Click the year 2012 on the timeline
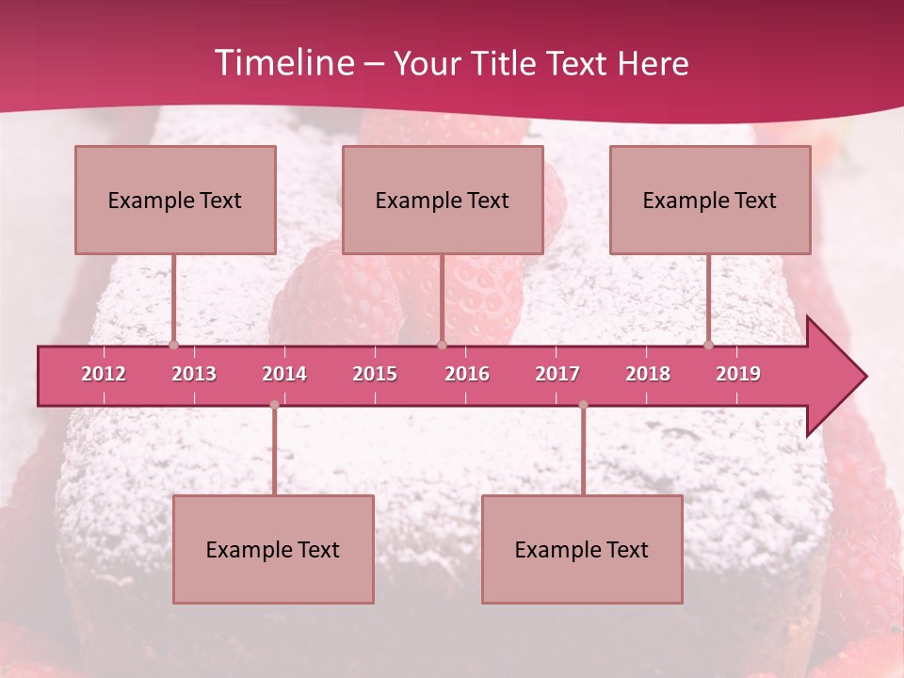[x=104, y=374]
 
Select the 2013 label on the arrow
[x=194, y=374]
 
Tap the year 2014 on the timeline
[x=284, y=374]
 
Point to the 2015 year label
[x=375, y=374]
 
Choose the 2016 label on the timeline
[x=467, y=374]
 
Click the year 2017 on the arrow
[x=557, y=374]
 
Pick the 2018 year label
[x=648, y=374]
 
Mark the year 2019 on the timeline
[x=738, y=374]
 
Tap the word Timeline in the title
[x=282, y=63]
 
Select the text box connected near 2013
[x=175, y=200]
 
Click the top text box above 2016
[x=443, y=200]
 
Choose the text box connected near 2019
[x=710, y=200]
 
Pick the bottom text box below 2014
[x=273, y=549]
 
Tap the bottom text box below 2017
[x=582, y=549]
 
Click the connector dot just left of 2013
[x=173, y=346]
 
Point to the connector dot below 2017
[x=583, y=405]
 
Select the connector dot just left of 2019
[x=709, y=346]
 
